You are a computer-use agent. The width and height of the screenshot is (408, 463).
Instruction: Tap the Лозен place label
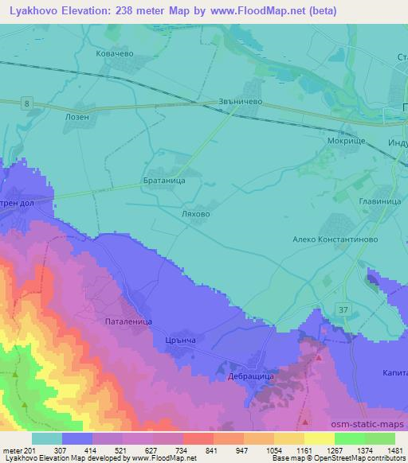point(88,115)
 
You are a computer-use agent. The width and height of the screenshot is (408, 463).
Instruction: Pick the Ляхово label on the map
point(195,214)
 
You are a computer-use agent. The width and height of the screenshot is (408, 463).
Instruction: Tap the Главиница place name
point(379,202)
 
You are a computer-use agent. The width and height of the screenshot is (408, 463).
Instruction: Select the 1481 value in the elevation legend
point(393,449)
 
